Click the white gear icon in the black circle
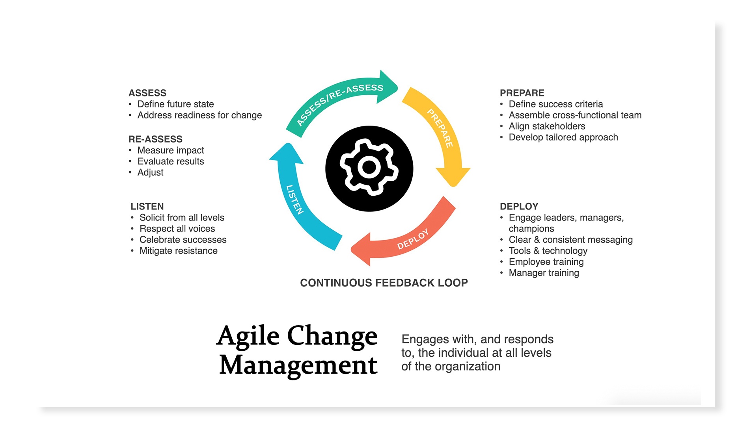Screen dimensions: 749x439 pyautogui.click(x=369, y=167)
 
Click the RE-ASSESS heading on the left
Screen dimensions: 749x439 pyautogui.click(x=155, y=139)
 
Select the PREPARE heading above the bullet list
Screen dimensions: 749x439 pyautogui.click(x=522, y=93)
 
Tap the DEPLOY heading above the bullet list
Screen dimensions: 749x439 pyautogui.click(x=519, y=206)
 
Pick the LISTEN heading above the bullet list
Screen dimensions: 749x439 pyautogui.click(x=147, y=206)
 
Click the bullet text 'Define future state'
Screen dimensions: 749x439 pyautogui.click(x=175, y=104)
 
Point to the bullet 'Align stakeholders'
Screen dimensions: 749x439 pyautogui.click(x=547, y=126)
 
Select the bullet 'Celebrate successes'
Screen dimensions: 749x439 pyautogui.click(x=183, y=239)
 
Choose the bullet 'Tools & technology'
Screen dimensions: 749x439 pyautogui.click(x=548, y=251)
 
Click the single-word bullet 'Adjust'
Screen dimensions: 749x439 pyautogui.click(x=150, y=172)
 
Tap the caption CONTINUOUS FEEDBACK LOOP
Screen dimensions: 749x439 pyautogui.click(x=384, y=283)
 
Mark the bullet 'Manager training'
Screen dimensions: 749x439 pyautogui.click(x=544, y=273)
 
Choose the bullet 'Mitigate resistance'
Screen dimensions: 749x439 pyautogui.click(x=178, y=250)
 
